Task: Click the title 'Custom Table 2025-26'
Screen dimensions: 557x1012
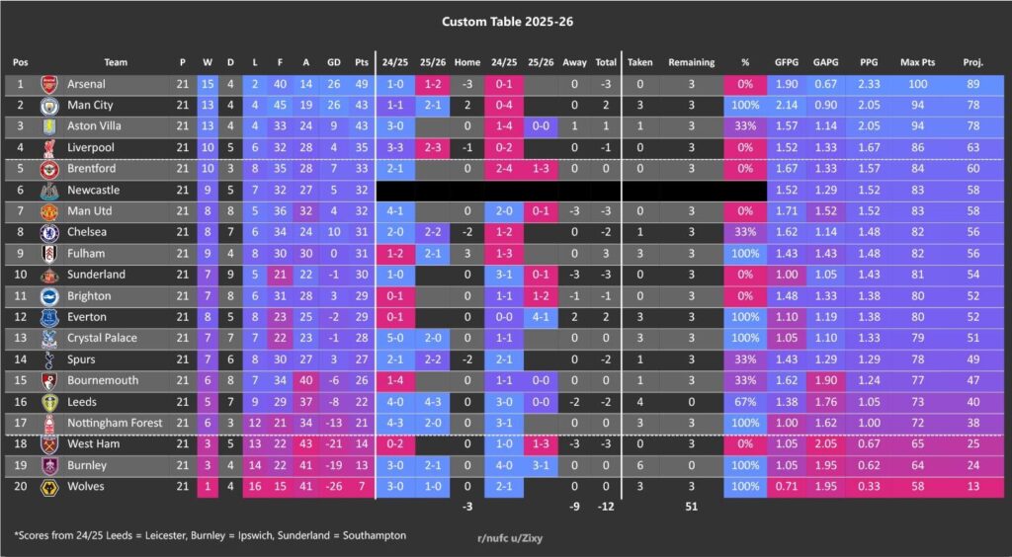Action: pos(505,20)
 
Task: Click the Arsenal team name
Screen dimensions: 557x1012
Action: pos(86,85)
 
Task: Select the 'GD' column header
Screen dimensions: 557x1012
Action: pos(333,62)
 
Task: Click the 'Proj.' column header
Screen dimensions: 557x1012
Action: pos(972,62)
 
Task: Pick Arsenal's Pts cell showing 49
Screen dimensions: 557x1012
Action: pos(362,85)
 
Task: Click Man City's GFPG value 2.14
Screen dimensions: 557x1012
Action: pos(787,106)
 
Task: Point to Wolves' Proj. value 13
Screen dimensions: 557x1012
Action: pos(972,487)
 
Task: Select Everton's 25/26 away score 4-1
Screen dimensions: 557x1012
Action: pos(541,317)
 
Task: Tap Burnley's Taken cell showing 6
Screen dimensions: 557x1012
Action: pos(639,465)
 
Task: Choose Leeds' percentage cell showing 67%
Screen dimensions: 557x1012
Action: pos(744,402)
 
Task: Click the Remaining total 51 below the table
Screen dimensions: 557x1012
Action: pos(691,508)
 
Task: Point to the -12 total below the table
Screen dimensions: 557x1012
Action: pos(606,508)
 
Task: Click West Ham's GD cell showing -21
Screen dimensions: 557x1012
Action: pos(333,444)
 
